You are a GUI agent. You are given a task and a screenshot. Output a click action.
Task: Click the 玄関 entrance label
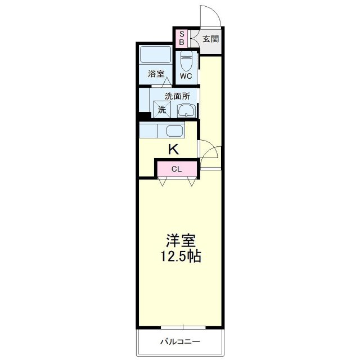(211, 39)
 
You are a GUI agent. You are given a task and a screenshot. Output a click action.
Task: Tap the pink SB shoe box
(182, 38)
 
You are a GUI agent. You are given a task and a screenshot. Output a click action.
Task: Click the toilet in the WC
(187, 60)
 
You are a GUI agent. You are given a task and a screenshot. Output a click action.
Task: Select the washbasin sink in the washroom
(186, 110)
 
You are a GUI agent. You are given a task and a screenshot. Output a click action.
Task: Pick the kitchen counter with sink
(167, 132)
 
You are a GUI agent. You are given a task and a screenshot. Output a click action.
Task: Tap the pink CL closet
(176, 168)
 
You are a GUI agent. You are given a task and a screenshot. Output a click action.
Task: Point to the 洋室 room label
(180, 241)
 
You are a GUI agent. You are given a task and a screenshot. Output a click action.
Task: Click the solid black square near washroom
(145, 116)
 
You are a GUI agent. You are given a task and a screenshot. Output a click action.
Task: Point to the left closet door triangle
(163, 181)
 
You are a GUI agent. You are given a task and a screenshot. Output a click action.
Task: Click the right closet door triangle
(192, 181)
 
